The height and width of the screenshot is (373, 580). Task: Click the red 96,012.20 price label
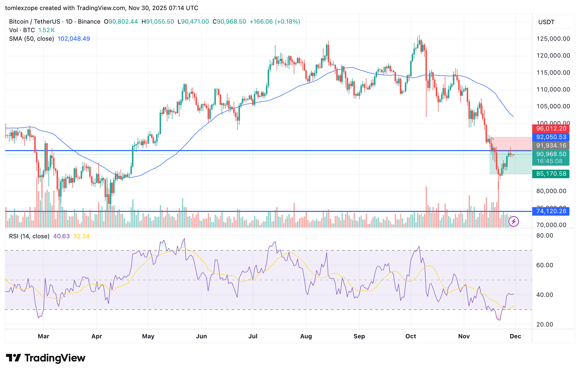click(x=551, y=129)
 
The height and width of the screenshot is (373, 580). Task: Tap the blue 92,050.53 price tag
click(x=551, y=137)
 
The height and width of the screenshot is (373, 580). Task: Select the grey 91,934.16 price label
click(x=551, y=146)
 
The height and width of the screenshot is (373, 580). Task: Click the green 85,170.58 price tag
click(x=551, y=174)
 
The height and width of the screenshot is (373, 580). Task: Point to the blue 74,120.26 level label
click(x=551, y=211)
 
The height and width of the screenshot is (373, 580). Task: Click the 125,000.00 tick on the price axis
click(x=553, y=39)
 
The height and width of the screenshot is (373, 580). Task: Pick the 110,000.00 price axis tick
click(x=553, y=89)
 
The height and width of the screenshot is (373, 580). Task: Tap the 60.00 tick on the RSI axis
click(x=545, y=265)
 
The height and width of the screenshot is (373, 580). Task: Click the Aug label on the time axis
click(x=306, y=336)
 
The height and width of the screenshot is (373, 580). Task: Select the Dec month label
click(x=515, y=336)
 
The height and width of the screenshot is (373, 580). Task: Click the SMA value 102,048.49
click(x=74, y=39)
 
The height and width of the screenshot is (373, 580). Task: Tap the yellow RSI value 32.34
click(x=81, y=236)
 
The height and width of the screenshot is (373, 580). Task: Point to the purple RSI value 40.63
click(x=61, y=236)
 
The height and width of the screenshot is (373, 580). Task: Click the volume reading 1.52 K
click(x=46, y=30)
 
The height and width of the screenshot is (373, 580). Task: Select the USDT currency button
click(x=546, y=22)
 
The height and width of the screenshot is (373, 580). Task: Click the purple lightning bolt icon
click(x=513, y=221)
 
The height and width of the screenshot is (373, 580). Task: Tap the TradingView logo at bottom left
click(x=45, y=358)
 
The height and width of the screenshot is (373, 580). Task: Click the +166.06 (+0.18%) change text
click(x=275, y=22)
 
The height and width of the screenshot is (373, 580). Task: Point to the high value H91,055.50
click(x=158, y=22)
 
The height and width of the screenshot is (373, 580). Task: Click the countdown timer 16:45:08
click(x=549, y=161)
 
